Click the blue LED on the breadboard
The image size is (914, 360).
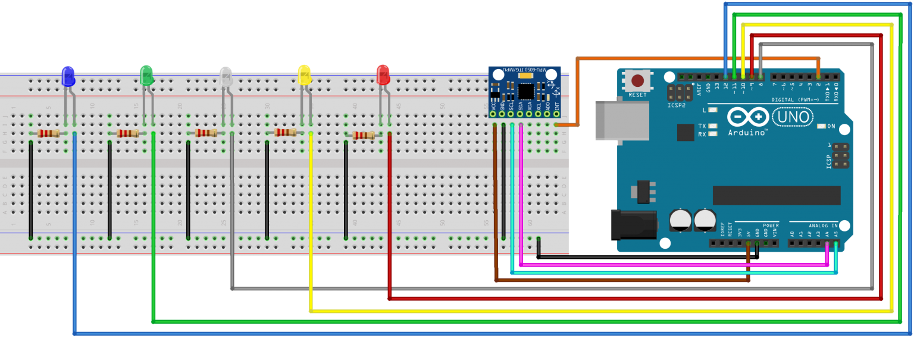click(x=68, y=76)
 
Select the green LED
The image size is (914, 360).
click(x=146, y=75)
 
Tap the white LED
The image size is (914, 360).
click(x=226, y=76)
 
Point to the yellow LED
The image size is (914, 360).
click(x=304, y=75)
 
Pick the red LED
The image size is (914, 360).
click(x=383, y=75)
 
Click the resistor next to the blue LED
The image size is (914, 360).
click(x=49, y=134)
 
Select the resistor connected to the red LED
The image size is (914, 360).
click(x=364, y=136)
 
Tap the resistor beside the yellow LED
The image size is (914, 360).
click(x=286, y=133)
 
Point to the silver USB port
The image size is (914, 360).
click(x=622, y=121)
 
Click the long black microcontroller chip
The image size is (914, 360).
click(x=777, y=195)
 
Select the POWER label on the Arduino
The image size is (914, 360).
click(x=770, y=226)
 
